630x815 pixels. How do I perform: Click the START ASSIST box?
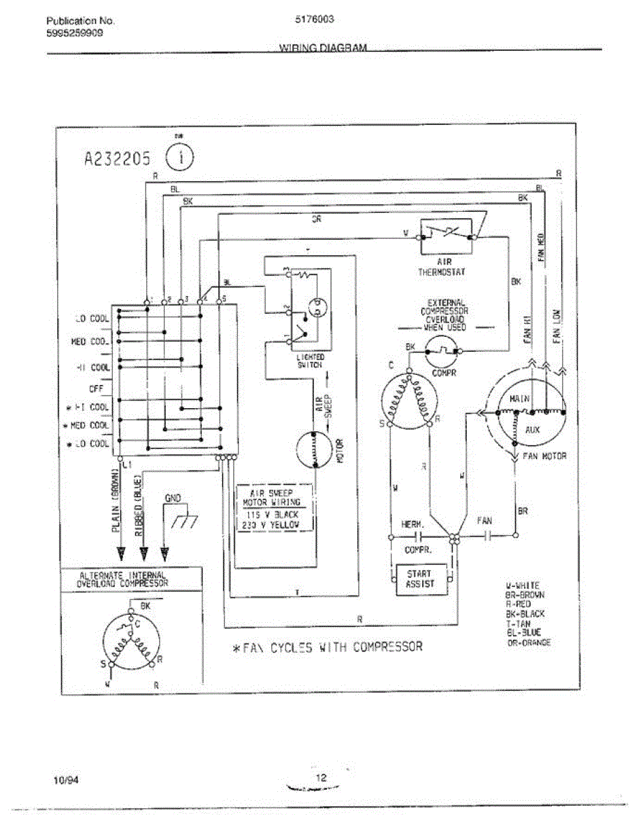(419, 579)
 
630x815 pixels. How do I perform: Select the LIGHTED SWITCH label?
(311, 361)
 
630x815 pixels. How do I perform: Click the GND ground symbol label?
(173, 499)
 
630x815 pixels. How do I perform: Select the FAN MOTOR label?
(544, 456)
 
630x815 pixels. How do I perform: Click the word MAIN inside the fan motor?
(519, 399)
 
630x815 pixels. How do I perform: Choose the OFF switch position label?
(96, 389)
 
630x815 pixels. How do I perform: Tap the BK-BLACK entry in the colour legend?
(525, 613)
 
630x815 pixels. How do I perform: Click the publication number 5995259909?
(75, 32)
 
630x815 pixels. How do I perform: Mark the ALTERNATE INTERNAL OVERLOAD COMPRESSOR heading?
(122, 579)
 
